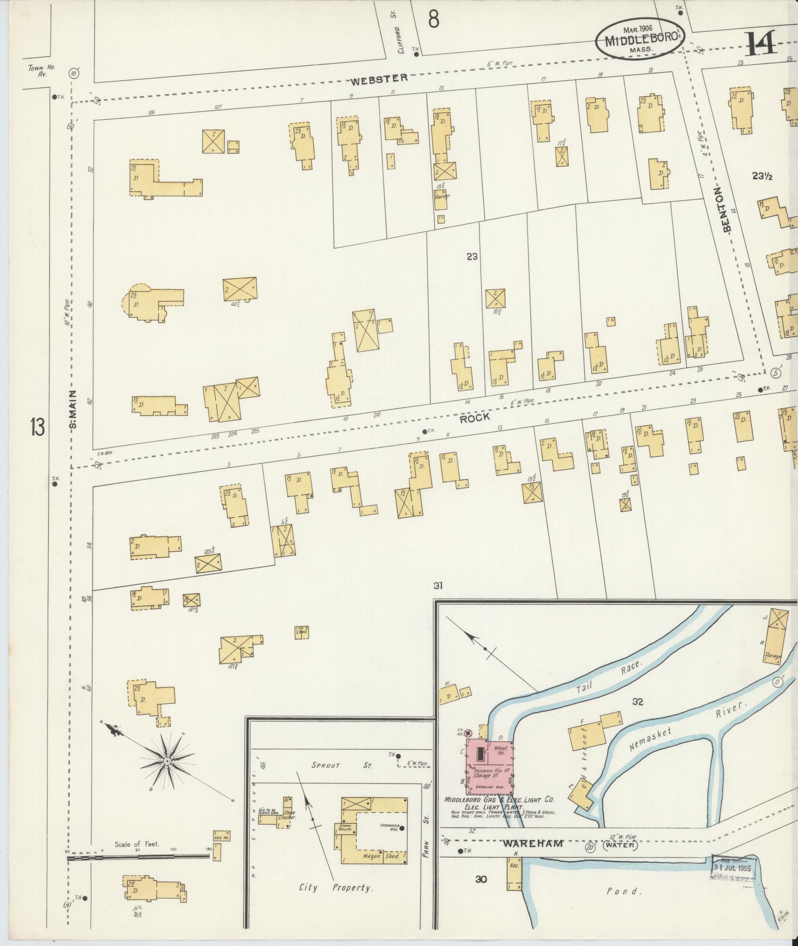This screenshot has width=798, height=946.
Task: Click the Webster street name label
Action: pos(379,78)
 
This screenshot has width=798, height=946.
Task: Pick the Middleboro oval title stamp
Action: pos(637,38)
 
